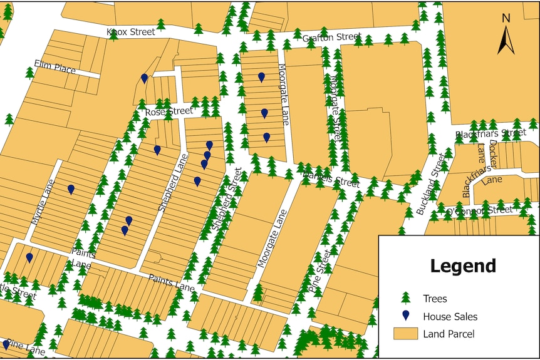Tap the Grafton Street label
(x=332, y=38)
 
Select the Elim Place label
(x=55, y=67)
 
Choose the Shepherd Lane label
(x=173, y=182)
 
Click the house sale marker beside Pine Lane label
(x=6, y=344)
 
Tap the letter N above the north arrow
(x=506, y=18)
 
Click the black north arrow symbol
(x=506, y=40)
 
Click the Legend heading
(x=463, y=266)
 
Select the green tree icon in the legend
(x=405, y=298)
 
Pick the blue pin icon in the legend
(x=405, y=315)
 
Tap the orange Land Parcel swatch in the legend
(x=405, y=333)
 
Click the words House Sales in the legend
(x=450, y=316)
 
